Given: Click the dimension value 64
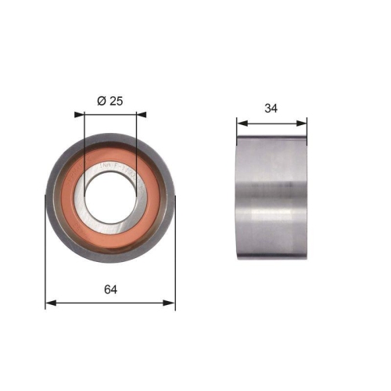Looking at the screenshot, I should [x=109, y=289].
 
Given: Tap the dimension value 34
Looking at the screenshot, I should [x=271, y=109].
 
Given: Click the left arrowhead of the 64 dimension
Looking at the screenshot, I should [x=50, y=302].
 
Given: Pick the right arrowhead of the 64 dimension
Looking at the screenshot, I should [x=170, y=302].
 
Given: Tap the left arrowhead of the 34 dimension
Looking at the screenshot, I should [x=242, y=122].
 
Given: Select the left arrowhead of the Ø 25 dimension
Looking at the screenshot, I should [x=79, y=114].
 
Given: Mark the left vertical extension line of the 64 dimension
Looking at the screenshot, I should [x=45, y=258].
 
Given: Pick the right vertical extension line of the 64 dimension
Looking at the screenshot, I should [x=175, y=258].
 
